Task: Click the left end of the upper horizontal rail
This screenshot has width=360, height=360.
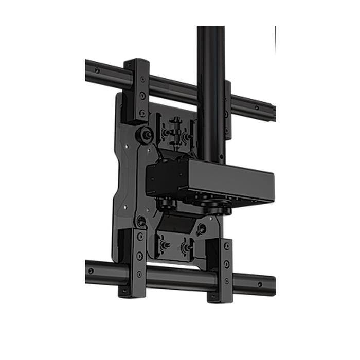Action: click(89, 69)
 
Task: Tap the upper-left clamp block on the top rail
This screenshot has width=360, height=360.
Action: click(137, 90)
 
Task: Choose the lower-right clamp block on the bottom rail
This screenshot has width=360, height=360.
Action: click(222, 269)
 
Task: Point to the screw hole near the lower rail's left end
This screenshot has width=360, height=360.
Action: click(91, 271)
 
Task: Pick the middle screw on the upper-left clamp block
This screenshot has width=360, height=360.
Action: click(142, 96)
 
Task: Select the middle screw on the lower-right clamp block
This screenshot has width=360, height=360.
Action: click(227, 264)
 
